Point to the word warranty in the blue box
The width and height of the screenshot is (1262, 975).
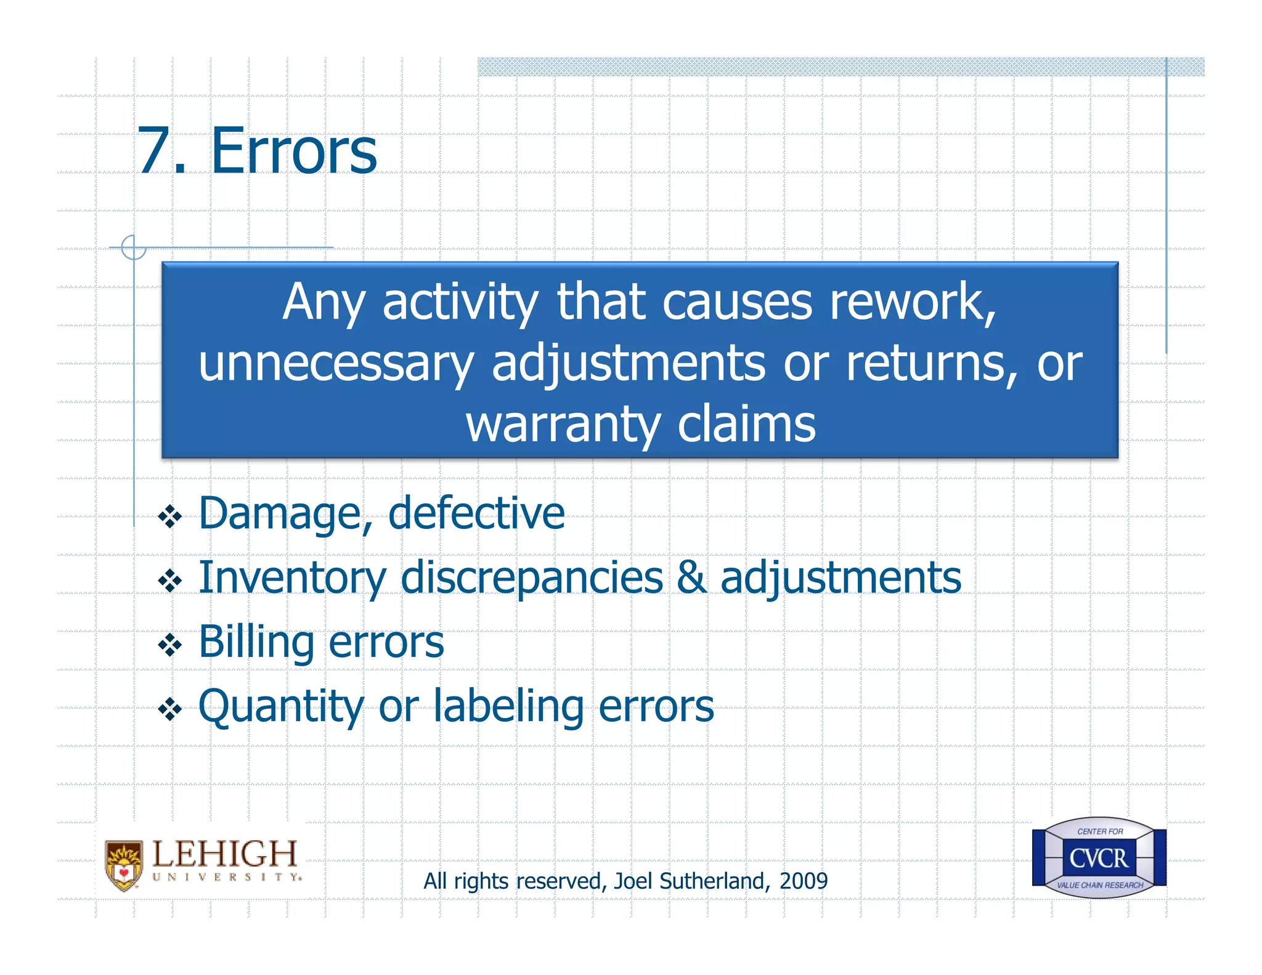562,425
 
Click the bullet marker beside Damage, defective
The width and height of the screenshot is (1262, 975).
169,516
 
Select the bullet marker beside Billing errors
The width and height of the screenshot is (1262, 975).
169,645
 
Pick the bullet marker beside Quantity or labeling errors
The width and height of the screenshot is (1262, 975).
169,709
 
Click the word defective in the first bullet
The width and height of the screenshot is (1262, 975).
476,513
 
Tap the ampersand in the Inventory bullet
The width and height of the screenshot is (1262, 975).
691,577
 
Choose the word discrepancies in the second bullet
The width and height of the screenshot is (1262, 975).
531,578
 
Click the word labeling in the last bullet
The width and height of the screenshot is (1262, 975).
508,706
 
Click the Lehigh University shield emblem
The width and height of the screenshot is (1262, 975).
124,865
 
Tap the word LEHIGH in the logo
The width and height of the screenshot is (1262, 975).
224,854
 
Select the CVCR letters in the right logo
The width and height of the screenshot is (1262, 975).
1098,858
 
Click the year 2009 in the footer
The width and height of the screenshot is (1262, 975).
804,881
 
